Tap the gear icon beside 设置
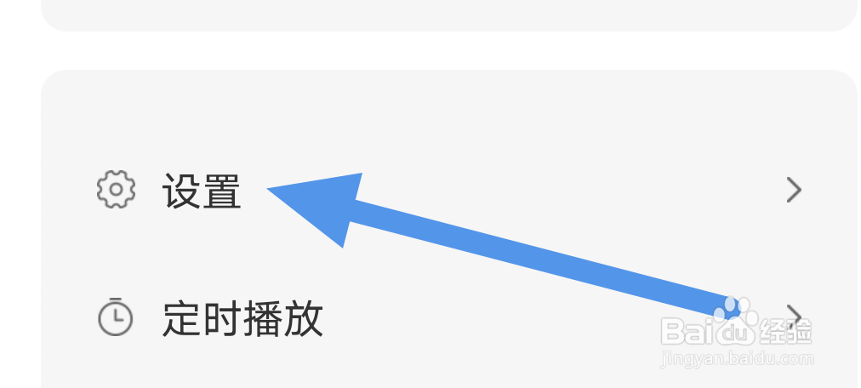click(116, 190)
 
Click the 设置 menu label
click(202, 191)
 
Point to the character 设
click(181, 191)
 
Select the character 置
click(222, 191)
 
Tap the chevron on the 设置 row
click(794, 190)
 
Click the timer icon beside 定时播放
click(116, 317)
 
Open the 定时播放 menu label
click(242, 318)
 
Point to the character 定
click(182, 318)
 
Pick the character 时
click(222, 318)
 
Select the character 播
click(263, 318)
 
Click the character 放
click(303, 318)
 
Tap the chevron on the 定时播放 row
click(794, 316)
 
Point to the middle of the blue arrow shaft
click(536, 259)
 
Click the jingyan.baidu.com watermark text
click(737, 359)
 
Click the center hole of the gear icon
click(116, 190)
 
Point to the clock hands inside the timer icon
click(117, 318)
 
